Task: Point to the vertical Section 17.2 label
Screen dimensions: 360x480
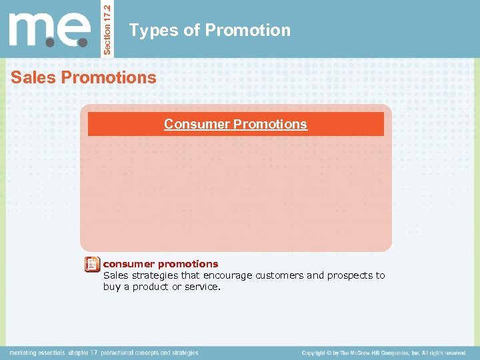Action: point(109,28)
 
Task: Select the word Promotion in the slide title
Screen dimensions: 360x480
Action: point(247,31)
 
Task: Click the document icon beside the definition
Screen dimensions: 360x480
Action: point(93,265)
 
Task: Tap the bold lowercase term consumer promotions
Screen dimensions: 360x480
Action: point(160,263)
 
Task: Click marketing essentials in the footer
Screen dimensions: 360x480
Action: point(36,353)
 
